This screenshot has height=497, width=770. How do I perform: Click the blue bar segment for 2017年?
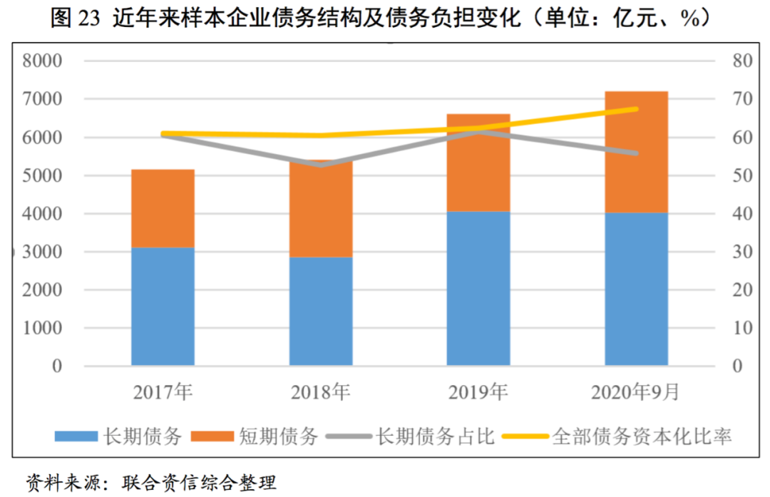click(163, 307)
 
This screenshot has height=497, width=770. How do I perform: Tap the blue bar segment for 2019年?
click(478, 289)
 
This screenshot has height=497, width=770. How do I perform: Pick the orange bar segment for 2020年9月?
click(636, 152)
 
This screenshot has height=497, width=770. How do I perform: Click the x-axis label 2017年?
click(163, 391)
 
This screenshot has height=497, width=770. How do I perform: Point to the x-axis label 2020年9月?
click(636, 391)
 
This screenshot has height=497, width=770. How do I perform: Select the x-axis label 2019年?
click(478, 391)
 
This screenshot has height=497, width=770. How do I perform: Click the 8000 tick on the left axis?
click(43, 61)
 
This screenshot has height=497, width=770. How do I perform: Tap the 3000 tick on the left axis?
click(43, 252)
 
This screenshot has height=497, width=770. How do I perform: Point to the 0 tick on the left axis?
click(57, 367)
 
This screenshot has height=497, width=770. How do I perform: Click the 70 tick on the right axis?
click(742, 99)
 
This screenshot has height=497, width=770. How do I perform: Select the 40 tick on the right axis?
click(742, 214)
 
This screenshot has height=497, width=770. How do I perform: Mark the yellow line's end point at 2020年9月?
click(636, 108)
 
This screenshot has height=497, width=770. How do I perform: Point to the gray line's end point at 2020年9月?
click(636, 153)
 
